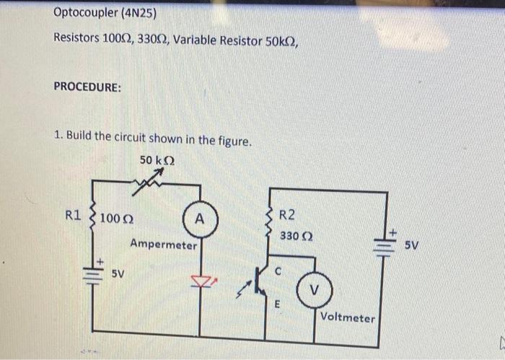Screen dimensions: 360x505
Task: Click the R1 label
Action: point(74,214)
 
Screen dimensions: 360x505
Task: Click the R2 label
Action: point(286,214)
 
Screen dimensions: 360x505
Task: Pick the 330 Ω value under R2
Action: point(294,237)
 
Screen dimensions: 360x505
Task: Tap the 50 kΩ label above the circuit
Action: point(156,161)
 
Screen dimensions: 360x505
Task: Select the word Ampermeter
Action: point(163,245)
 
